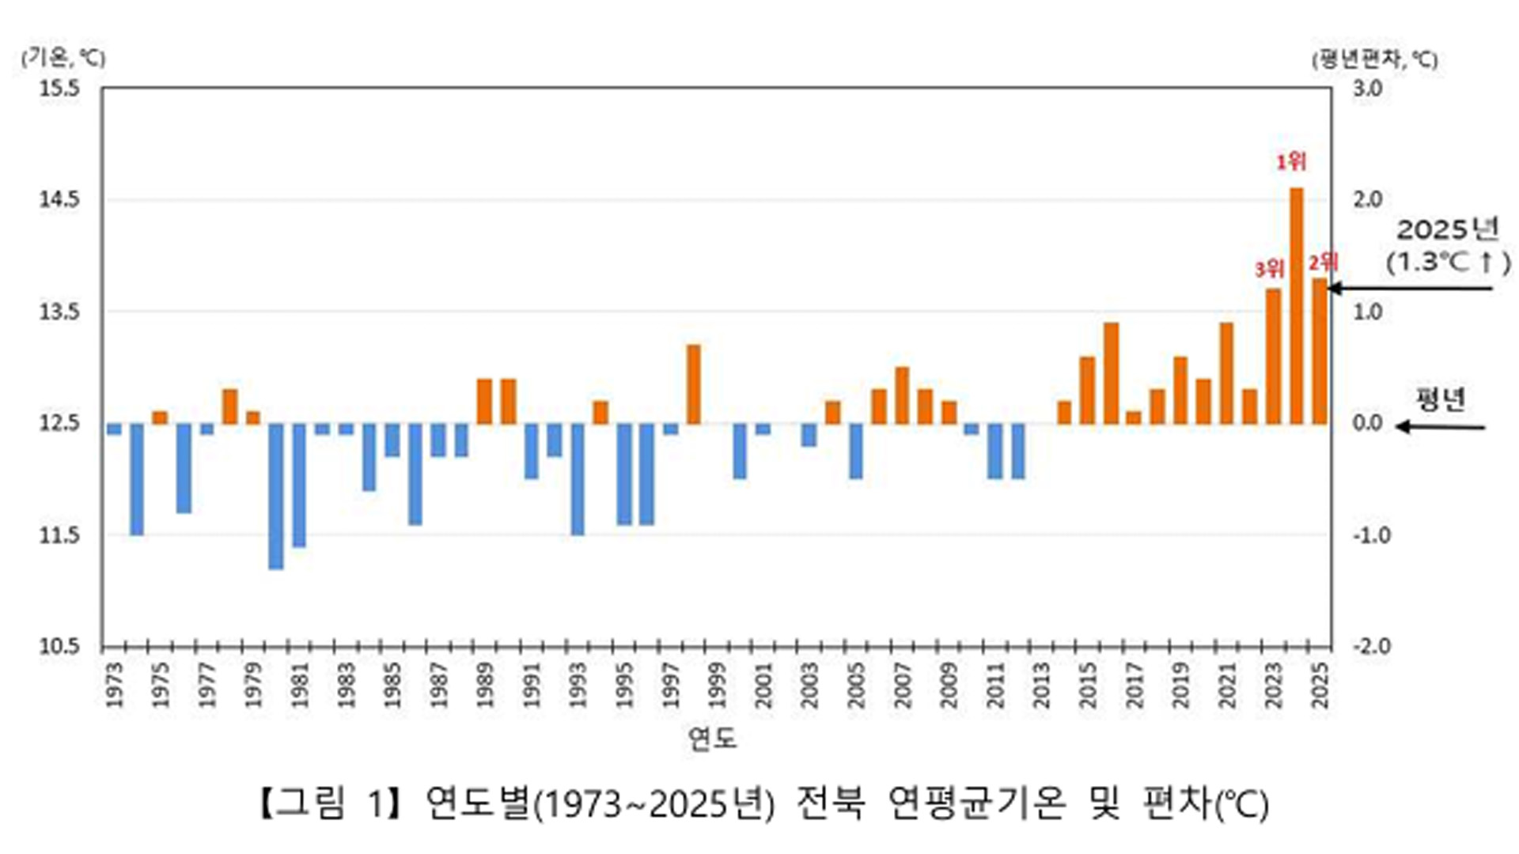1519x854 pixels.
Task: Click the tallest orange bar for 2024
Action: [1296, 305]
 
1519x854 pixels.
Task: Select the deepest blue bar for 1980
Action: [275, 497]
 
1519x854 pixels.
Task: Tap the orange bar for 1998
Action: [693, 384]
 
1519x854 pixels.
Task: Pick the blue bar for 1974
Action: [137, 479]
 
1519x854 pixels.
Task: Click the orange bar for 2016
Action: [1111, 373]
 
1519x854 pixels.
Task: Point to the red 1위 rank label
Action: [1291, 162]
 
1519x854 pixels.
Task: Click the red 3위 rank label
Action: [1269, 270]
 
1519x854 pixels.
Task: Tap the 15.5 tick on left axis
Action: [60, 88]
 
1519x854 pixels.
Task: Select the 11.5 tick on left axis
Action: [60, 535]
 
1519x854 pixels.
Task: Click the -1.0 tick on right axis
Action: [1371, 535]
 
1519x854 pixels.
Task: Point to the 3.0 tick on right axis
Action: [1367, 88]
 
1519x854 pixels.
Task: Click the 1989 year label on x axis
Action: [485, 686]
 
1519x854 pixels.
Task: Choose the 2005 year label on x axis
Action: [856, 686]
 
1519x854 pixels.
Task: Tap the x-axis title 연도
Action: [712, 738]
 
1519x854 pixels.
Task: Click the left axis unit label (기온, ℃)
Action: [63, 57]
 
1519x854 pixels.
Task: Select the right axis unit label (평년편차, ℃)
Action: [1375, 59]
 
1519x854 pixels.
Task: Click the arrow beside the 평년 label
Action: [1440, 427]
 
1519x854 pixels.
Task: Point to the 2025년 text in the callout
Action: [1448, 230]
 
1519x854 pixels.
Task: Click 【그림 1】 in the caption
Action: [332, 803]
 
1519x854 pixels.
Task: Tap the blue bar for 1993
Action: [578, 479]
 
